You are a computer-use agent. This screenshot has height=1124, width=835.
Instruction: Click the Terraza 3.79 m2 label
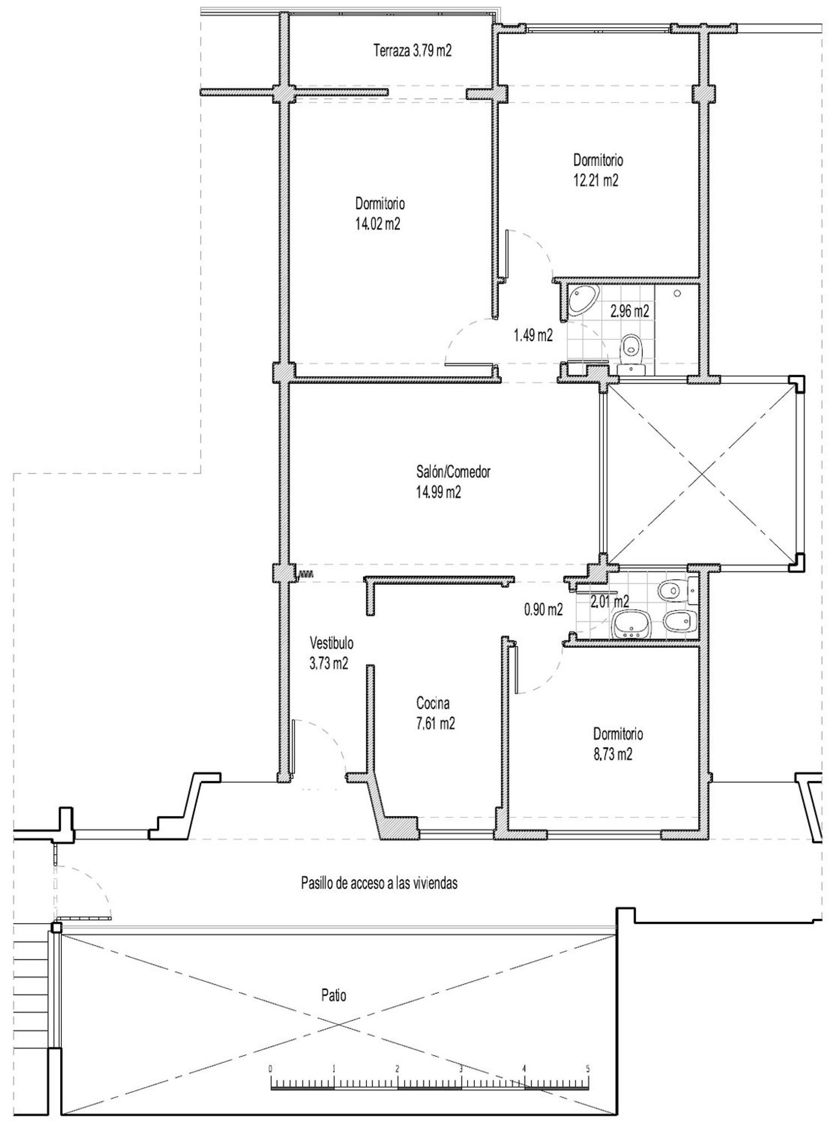click(412, 51)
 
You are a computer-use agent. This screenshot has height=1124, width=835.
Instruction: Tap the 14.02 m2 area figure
click(378, 224)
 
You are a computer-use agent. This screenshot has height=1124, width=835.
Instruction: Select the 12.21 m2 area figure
click(596, 181)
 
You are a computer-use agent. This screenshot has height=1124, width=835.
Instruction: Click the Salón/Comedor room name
click(453, 472)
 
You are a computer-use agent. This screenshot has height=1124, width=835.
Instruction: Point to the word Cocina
click(433, 703)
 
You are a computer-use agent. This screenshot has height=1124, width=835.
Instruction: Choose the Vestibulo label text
click(331, 643)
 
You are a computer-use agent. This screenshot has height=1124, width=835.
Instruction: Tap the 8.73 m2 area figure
click(612, 755)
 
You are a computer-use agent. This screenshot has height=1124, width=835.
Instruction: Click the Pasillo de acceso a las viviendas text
click(379, 883)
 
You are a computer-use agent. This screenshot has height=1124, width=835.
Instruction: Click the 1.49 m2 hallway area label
click(533, 336)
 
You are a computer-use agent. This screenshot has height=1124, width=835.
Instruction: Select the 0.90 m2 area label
click(543, 609)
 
